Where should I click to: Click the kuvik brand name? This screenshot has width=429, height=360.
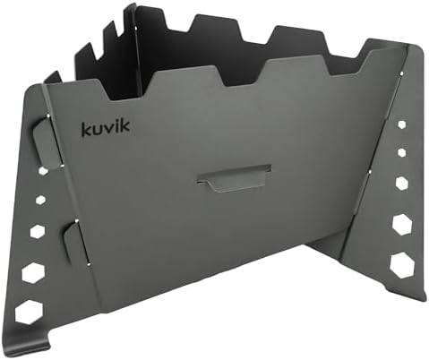click(106, 128)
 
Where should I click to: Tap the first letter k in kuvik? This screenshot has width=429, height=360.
click(86, 129)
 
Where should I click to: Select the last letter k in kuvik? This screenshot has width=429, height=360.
click(125, 126)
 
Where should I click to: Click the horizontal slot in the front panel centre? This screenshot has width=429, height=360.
click(234, 178)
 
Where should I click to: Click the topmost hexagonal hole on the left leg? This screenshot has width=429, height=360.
click(43, 171)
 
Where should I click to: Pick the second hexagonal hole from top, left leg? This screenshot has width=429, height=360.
click(40, 200)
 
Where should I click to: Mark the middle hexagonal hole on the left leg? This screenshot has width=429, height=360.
click(38, 231)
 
